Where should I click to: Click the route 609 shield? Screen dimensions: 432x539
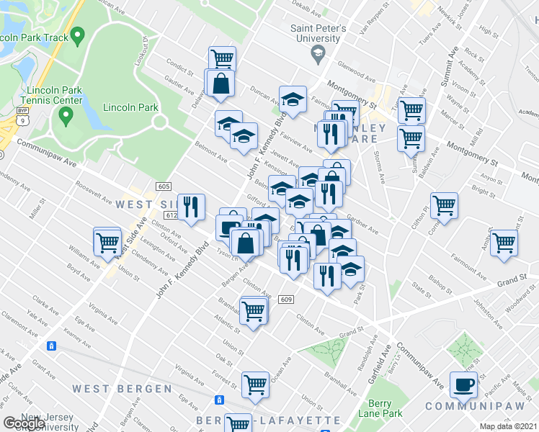click(x=286, y=300)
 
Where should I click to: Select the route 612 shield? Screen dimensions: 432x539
click(x=171, y=215)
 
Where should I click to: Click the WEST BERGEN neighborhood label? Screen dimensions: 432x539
click(x=122, y=389)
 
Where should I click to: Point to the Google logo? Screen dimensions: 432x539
click(x=24, y=423)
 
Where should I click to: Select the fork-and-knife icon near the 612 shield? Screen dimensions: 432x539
click(x=191, y=207)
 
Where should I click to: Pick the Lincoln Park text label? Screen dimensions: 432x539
click(x=130, y=107)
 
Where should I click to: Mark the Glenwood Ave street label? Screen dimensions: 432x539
click(x=358, y=73)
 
